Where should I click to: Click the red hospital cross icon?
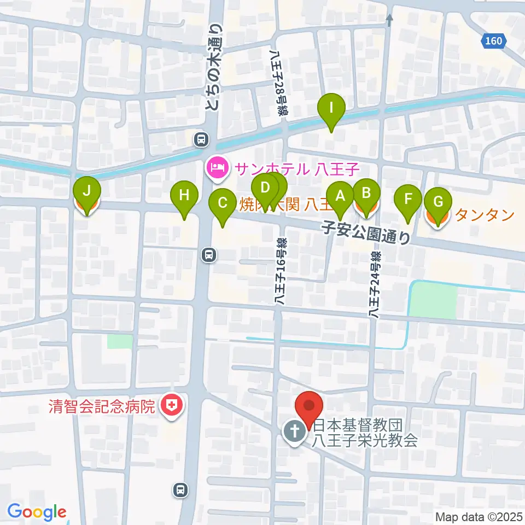click(172, 406)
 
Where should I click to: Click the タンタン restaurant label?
click(485, 215)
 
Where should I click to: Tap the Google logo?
click(37, 512)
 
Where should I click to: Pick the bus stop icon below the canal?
click(209, 254)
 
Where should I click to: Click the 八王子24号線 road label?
click(375, 284)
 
